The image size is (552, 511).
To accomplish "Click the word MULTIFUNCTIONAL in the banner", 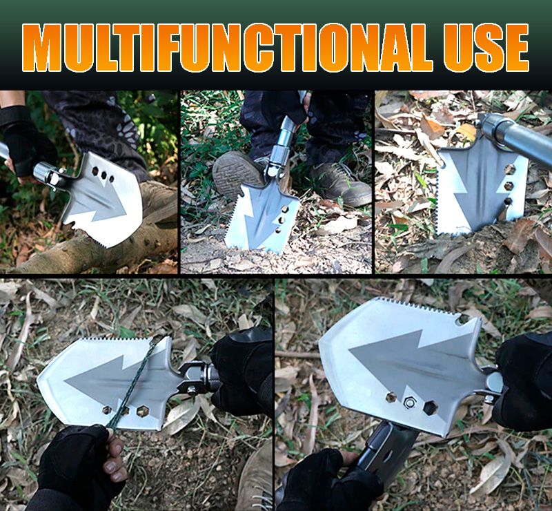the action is point(228,48).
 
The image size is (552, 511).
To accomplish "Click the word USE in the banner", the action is point(486,48).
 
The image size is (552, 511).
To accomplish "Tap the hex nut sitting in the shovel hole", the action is point(409,402).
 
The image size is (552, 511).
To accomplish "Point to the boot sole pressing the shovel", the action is point(232,175).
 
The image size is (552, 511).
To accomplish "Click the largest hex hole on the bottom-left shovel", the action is point(143,411).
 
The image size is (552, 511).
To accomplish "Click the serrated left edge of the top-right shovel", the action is point(437,194).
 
